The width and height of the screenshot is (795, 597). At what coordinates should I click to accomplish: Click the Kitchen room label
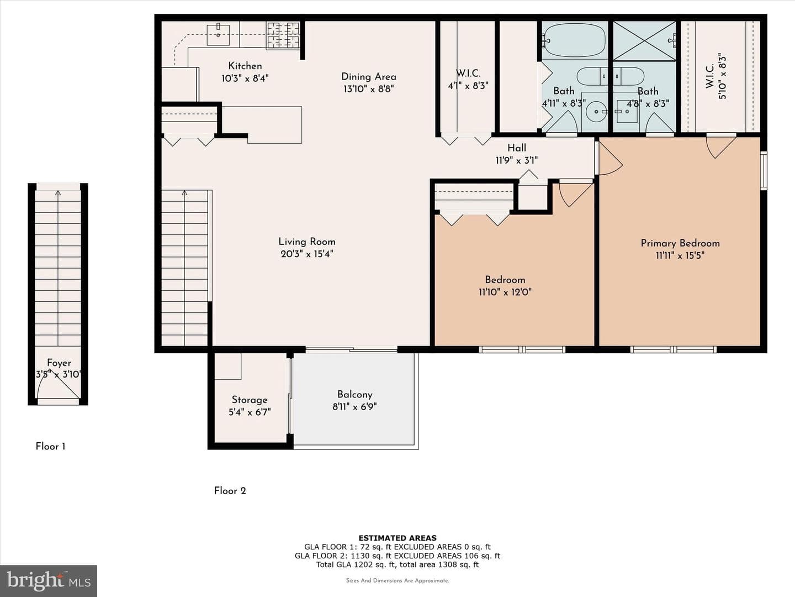click(x=245, y=66)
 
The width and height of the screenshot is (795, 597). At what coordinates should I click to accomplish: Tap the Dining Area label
click(x=369, y=77)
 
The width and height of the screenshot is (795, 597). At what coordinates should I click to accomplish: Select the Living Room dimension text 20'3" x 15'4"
click(x=307, y=254)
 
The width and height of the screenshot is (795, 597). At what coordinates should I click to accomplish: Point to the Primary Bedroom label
click(x=680, y=243)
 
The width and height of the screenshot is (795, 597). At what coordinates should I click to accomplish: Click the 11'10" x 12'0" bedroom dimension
click(x=505, y=292)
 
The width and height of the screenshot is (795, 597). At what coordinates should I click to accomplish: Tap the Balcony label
click(x=354, y=394)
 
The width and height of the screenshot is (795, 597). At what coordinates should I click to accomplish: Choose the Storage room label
click(x=250, y=400)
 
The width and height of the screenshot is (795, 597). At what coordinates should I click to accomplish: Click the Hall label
click(x=517, y=148)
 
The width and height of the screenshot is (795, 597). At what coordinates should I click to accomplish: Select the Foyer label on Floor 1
click(x=59, y=363)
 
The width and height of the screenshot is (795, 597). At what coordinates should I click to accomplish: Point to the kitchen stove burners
click(x=283, y=35)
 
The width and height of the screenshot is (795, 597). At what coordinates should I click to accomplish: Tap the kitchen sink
click(x=218, y=35)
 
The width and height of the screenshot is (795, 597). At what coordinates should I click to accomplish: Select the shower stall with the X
click(x=644, y=41)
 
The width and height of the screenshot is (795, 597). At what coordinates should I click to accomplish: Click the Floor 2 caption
click(x=230, y=491)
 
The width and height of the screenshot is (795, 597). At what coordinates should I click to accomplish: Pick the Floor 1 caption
click(x=50, y=447)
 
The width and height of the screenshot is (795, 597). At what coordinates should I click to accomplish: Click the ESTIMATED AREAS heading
click(x=397, y=538)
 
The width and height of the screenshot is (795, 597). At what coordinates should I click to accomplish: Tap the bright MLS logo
click(x=49, y=580)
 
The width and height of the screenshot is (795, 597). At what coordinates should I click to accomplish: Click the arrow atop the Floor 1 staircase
click(x=58, y=193)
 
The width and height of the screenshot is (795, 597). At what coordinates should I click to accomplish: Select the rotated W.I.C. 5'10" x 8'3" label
click(x=715, y=77)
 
